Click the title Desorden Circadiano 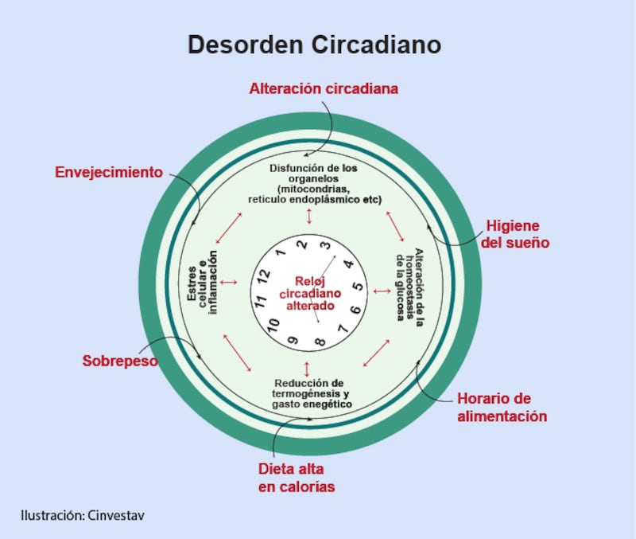pos(314,45)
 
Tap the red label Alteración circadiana pos(324,89)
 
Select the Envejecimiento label pos(109,172)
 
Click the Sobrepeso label pos(120,361)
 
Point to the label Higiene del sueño pos(515,234)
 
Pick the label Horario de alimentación pos(502,407)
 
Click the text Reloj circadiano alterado pos(306,292)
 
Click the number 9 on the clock pos(293,340)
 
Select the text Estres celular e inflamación pos(203,283)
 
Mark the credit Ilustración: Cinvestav pos(83,515)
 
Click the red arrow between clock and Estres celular pos(229,283)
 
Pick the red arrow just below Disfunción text pos(308,216)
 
